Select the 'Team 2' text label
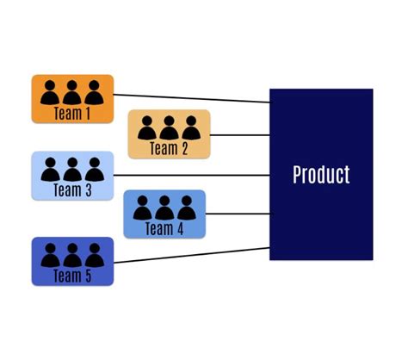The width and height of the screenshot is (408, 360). [x=169, y=147]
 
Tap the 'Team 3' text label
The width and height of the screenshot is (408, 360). [x=72, y=189]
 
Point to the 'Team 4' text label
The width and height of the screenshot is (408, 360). [x=164, y=228]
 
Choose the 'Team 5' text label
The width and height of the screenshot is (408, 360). [x=72, y=276]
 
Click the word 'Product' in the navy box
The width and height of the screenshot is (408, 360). [x=321, y=175]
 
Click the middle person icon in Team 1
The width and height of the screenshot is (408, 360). [x=72, y=91]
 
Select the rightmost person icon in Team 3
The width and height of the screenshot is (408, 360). [x=93, y=168]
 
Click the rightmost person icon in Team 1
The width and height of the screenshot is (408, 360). [x=93, y=91]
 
